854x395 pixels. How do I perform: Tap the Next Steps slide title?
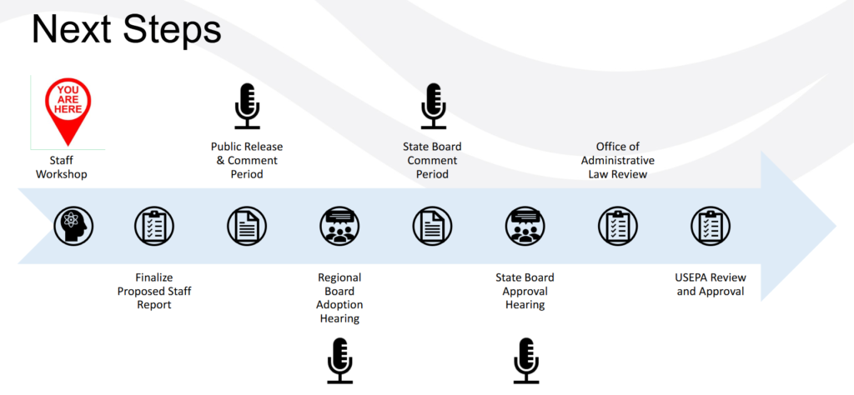127,30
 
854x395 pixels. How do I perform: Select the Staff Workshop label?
62,167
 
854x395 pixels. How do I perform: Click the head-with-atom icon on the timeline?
73,225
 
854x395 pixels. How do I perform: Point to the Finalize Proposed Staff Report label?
154,291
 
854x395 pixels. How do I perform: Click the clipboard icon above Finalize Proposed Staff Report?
154,225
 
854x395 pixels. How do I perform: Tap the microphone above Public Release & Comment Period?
247,106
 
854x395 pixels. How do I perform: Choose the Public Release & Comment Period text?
247,161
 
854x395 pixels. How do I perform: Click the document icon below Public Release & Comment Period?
247,225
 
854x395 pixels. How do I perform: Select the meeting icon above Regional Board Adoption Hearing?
340,225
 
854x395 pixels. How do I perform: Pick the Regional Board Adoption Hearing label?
340,297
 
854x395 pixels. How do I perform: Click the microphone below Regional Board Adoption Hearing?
340,361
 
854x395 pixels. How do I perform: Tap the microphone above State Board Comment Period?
433,106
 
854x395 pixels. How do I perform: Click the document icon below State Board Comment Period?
433,225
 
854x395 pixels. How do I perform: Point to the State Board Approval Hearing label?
525,291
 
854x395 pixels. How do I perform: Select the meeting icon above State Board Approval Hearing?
525,225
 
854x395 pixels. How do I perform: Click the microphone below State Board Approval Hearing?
525,361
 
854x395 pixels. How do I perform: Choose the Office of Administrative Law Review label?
618,161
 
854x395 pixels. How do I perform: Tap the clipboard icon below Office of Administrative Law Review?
618,225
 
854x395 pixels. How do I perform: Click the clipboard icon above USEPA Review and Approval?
711,225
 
